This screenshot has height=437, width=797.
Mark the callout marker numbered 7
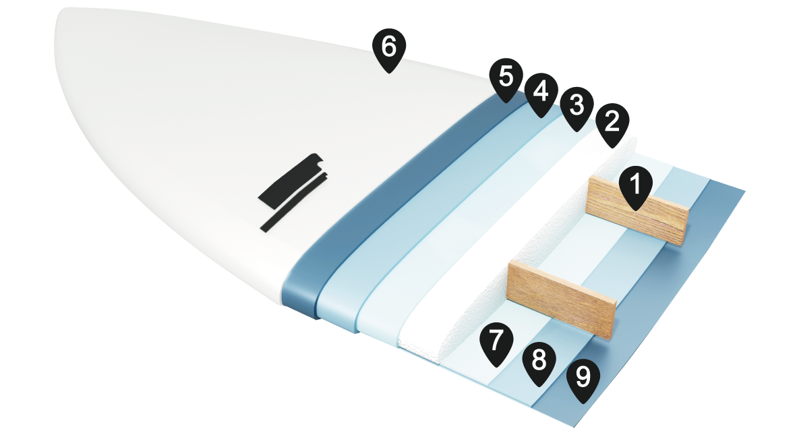(496, 344)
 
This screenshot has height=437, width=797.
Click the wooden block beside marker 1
(637, 210)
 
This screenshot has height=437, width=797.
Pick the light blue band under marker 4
(437, 218)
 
